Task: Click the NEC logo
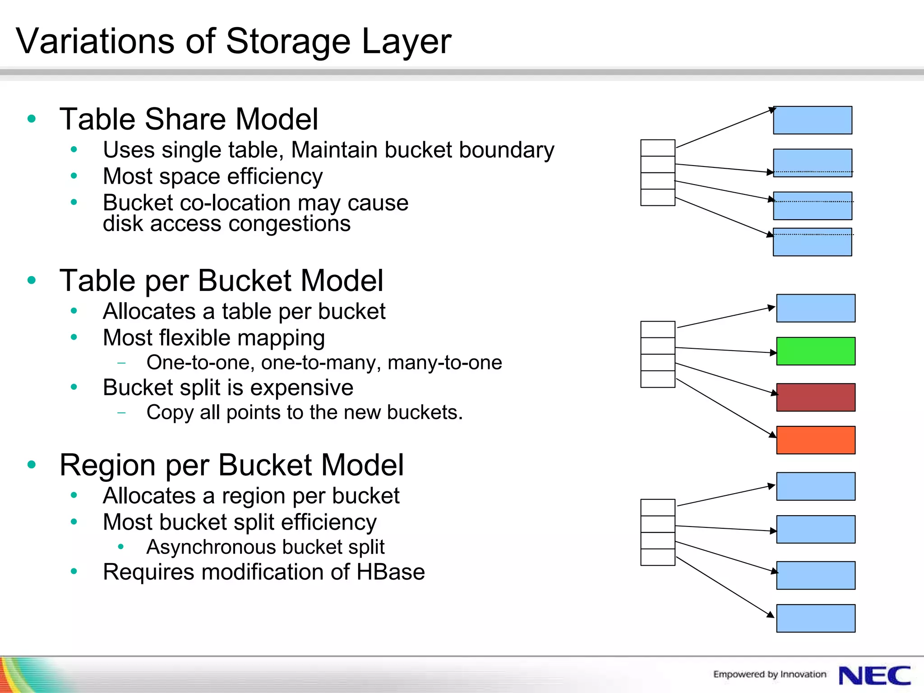tap(874, 676)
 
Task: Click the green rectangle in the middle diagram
tap(815, 351)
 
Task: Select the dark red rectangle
tap(815, 397)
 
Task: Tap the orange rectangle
tap(815, 440)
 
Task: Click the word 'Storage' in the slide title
tap(288, 42)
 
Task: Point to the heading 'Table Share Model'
tap(189, 119)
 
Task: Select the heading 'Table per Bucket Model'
tap(221, 280)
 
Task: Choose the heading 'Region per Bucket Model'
tap(231, 465)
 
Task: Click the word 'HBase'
tap(390, 572)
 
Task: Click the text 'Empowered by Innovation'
tap(769, 674)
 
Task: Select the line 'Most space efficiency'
tap(213, 176)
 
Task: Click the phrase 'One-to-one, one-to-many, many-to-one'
tap(324, 362)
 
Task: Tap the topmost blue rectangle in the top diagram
tap(812, 120)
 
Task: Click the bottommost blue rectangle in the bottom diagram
tap(815, 618)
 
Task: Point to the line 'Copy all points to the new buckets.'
tap(305, 412)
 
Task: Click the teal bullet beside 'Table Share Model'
tap(32, 119)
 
